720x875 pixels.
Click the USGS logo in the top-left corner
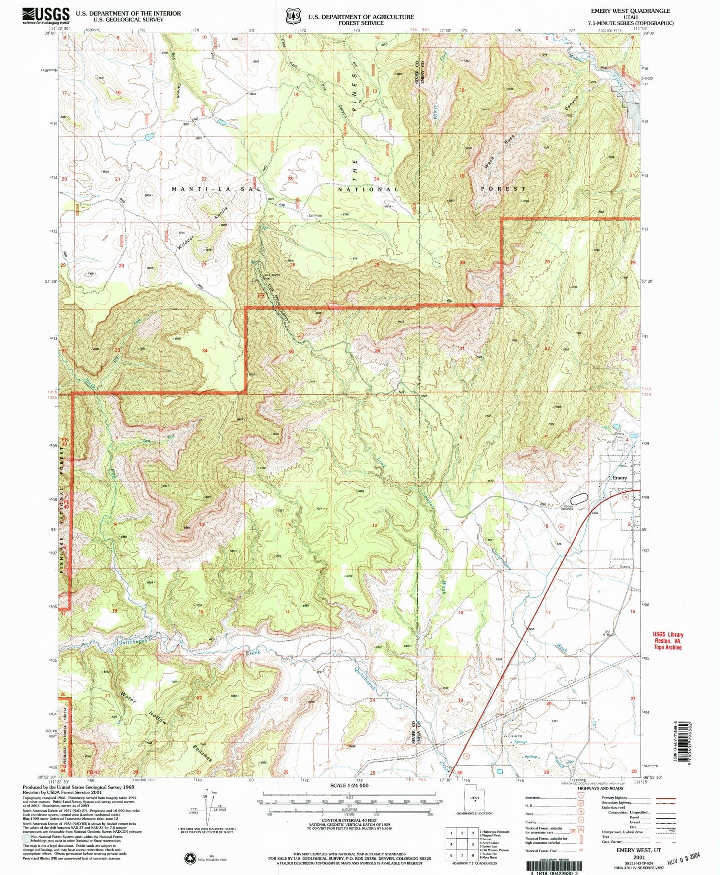[46, 16]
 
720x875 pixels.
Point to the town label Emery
[619, 478]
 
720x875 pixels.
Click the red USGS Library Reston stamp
[668, 641]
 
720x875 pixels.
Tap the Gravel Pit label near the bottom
[515, 736]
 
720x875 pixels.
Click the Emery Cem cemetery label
[619, 434]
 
